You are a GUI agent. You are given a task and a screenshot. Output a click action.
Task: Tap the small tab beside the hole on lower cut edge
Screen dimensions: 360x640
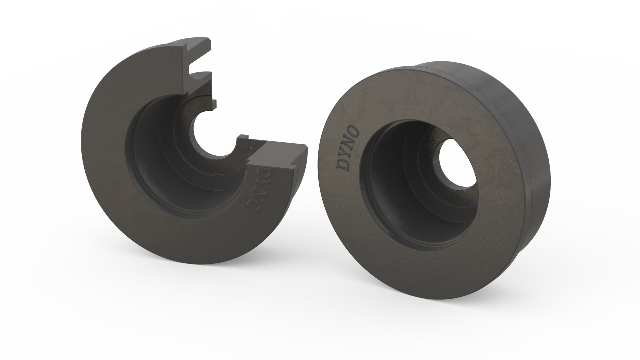tap(244, 137)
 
